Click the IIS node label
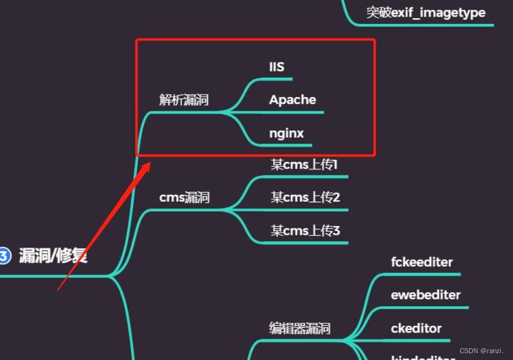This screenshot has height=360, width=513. pos(277,67)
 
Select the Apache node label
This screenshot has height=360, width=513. pos(293,100)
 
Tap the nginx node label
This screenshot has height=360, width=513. pos(286,133)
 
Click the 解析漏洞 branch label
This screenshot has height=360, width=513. pos(184,100)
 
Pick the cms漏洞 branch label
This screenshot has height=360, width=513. pos(184,197)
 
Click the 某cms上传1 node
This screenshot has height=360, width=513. pos(305,164)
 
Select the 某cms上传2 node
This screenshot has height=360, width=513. pos(305,197)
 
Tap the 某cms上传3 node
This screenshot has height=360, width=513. pos(305,230)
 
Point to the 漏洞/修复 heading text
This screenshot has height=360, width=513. pos(53,255)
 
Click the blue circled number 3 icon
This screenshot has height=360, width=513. pos(4,255)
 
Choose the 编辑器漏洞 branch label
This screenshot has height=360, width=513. pos(300,328)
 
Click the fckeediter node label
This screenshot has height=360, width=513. pos(421,262)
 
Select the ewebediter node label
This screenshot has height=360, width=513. pos(426,295)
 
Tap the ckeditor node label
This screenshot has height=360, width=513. pos(416,328)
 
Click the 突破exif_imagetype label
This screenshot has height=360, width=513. pos(426,12)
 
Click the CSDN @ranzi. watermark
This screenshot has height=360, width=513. pos(481,351)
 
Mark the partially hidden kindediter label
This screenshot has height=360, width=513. pos(423,356)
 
